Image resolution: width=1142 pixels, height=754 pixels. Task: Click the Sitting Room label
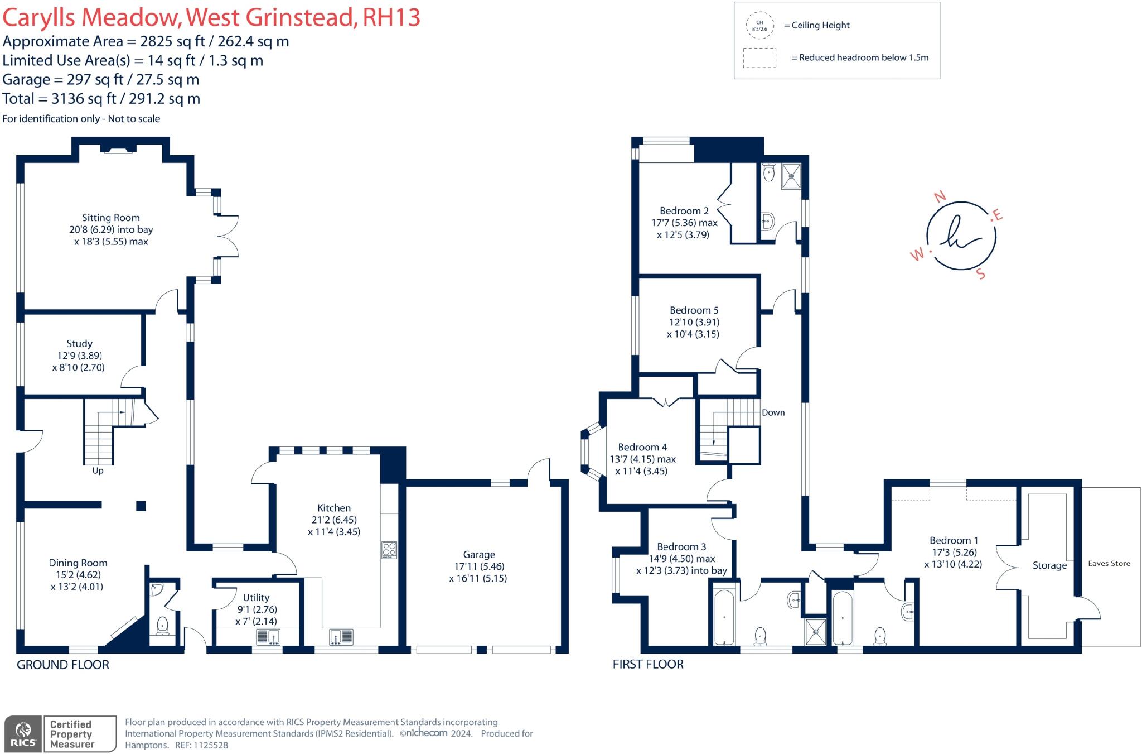tap(111, 218)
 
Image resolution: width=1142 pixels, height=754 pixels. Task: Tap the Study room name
tap(79, 344)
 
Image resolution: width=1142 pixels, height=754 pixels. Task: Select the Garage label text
tap(479, 555)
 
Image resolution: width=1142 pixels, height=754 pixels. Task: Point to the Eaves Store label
tap(1109, 563)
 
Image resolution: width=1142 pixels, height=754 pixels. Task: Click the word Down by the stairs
tap(773, 412)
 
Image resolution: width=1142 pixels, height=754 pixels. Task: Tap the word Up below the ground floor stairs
tap(98, 470)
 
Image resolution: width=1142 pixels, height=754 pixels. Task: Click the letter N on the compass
tap(940, 196)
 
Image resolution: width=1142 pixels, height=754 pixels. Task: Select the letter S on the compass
tap(981, 273)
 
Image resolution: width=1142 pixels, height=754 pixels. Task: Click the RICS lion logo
tap(23, 733)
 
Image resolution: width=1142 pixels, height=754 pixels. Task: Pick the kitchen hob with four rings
tap(389, 550)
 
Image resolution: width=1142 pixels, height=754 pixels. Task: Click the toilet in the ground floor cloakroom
tap(163, 626)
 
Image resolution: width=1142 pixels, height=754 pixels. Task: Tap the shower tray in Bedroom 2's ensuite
tap(791, 176)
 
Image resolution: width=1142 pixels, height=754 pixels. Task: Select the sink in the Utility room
tap(269, 636)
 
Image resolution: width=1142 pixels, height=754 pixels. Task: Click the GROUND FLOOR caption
tap(63, 665)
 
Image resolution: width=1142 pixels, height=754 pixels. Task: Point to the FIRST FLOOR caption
tap(648, 664)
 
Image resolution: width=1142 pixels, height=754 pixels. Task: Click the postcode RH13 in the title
tap(391, 18)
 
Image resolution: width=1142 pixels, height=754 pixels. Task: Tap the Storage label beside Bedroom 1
tap(1049, 565)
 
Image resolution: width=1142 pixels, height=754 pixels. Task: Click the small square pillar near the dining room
tap(141, 506)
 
